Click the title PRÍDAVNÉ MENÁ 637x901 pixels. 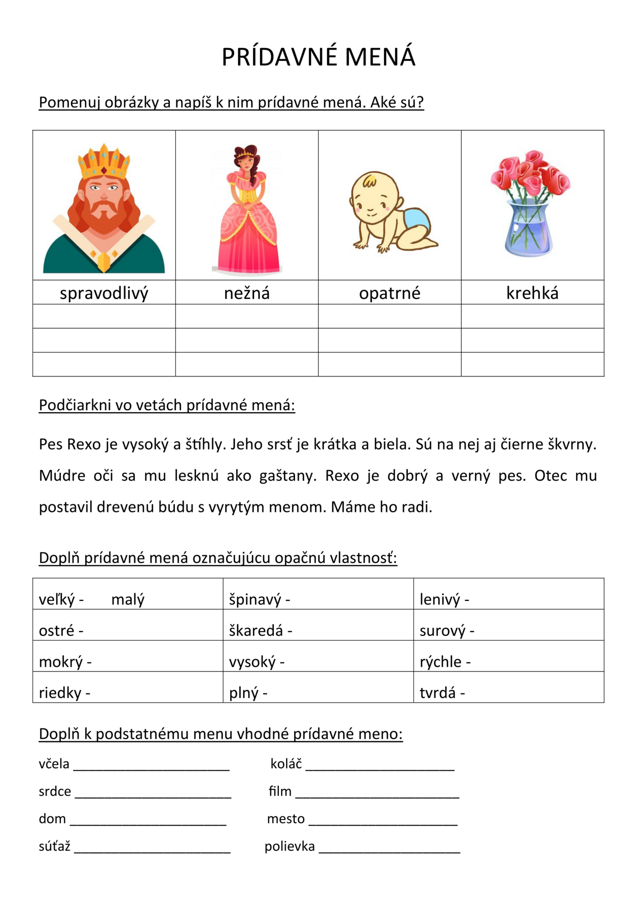[x=318, y=57]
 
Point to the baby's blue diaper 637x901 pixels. [x=414, y=221]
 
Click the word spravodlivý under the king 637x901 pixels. [x=104, y=293]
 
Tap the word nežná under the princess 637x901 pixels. [x=247, y=293]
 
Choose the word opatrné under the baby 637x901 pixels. [x=390, y=293]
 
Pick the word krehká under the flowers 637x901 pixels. [x=532, y=293]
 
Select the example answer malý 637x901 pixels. [x=128, y=600]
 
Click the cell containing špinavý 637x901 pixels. [x=318, y=595]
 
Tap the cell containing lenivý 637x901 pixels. [x=509, y=595]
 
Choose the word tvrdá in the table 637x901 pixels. [x=437, y=692]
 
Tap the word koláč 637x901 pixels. [x=286, y=764]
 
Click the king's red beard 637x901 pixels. [x=104, y=216]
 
